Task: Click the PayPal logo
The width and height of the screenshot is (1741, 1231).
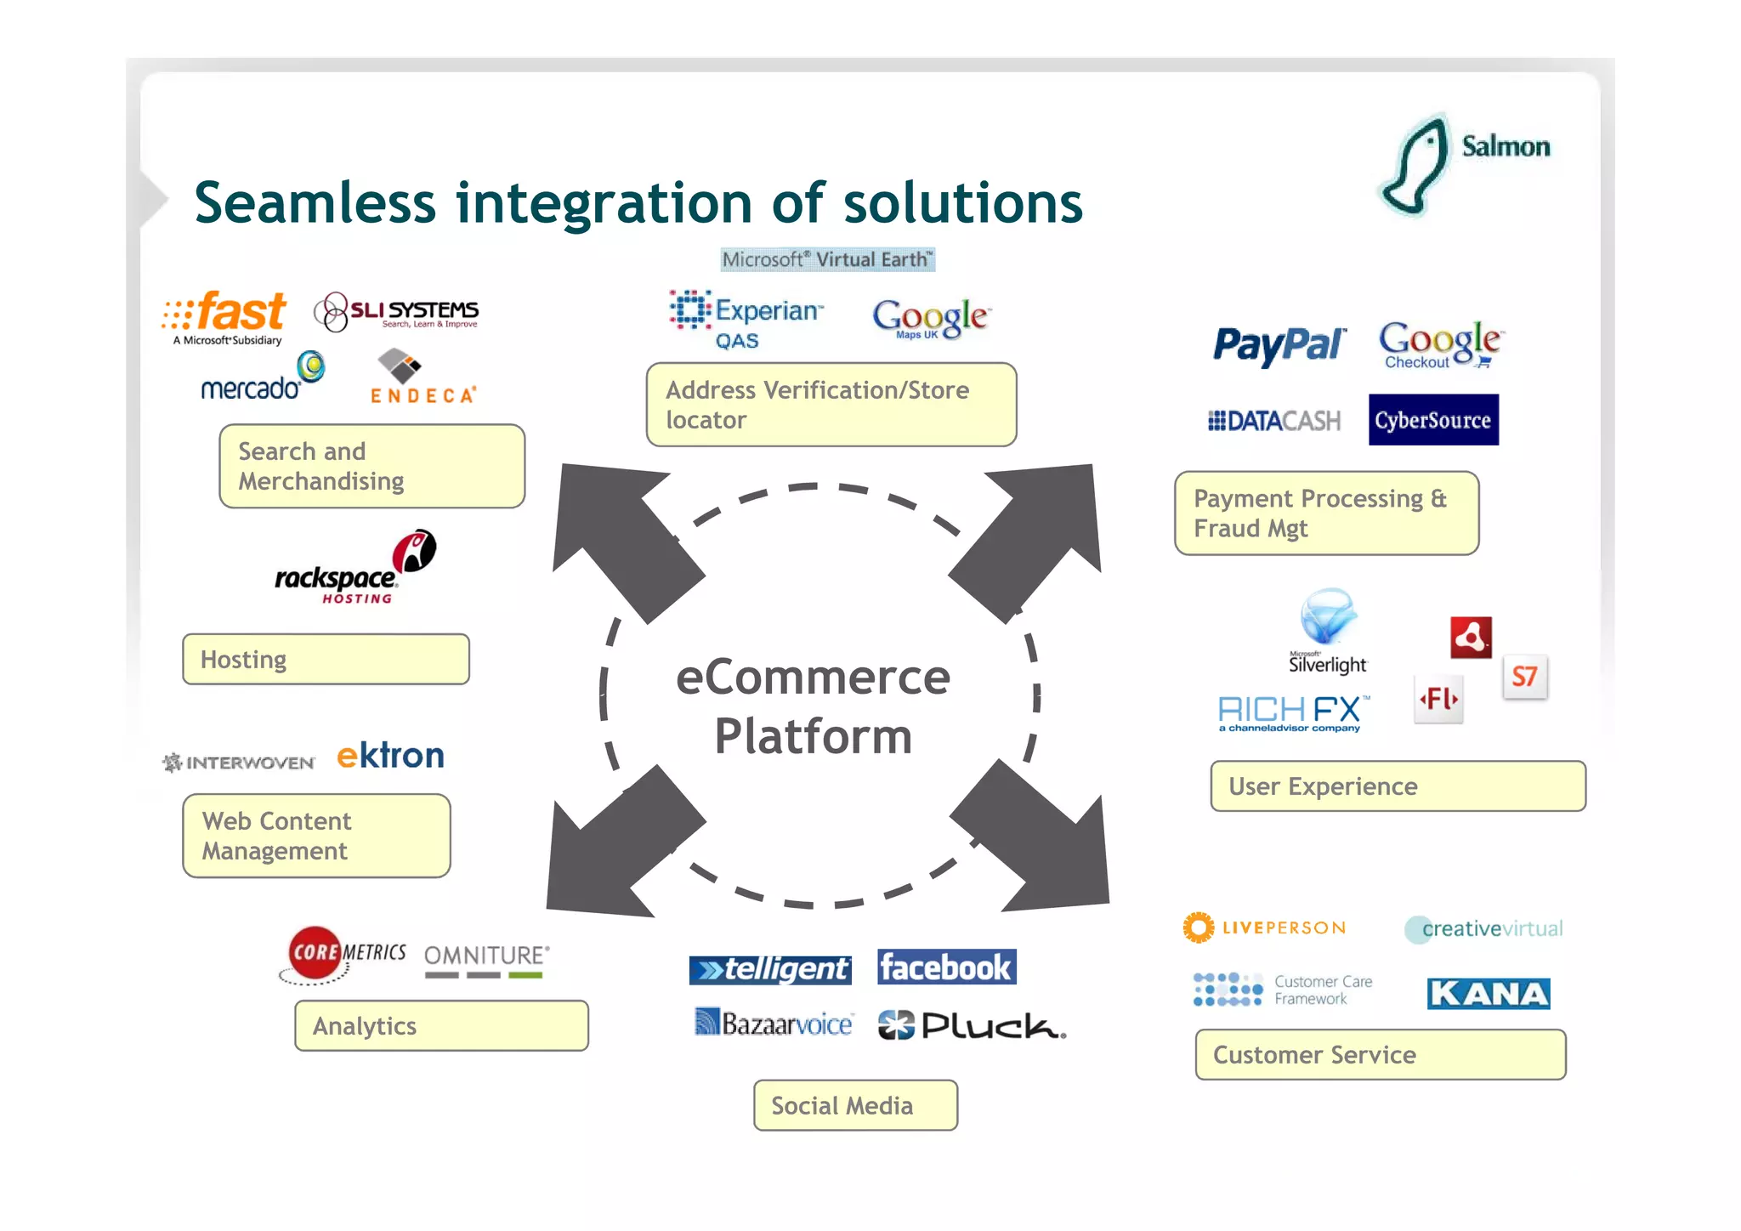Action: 1278,346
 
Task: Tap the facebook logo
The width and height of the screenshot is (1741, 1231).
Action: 946,967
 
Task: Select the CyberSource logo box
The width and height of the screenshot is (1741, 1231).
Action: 1433,420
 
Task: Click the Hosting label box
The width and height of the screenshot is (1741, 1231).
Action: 326,660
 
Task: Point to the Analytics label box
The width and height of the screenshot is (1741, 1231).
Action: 441,1026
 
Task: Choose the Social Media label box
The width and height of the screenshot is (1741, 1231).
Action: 855,1106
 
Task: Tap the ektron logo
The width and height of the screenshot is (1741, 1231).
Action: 390,756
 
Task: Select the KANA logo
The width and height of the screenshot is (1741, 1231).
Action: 1488,994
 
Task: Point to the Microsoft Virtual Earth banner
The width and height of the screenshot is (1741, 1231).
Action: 827,260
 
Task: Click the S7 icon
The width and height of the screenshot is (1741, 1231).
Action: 1524,678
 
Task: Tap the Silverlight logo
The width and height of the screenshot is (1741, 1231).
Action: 1328,631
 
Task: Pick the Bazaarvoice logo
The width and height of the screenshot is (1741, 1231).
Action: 774,1024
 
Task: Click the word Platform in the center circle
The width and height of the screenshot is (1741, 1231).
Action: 813,736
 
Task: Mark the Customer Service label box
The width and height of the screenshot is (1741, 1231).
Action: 1380,1055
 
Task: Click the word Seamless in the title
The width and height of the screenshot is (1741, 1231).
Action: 315,204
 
